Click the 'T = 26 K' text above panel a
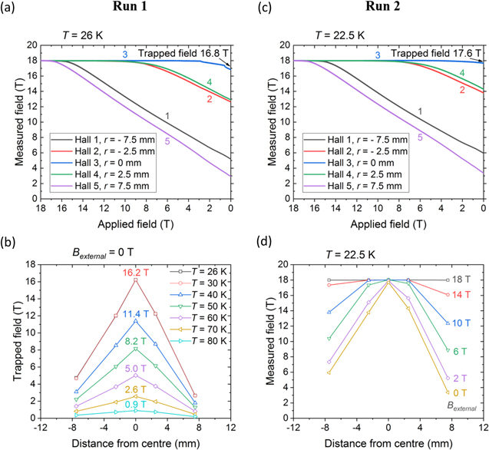80,35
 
